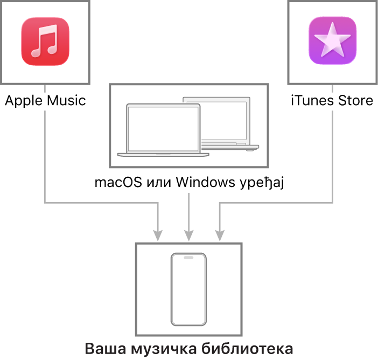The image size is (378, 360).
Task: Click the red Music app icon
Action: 45,41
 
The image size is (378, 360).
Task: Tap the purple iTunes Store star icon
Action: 332,41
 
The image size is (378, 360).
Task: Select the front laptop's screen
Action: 163,128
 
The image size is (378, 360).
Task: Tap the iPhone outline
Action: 188,289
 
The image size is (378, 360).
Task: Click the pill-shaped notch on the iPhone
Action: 188,258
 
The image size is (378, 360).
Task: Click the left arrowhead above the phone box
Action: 158,235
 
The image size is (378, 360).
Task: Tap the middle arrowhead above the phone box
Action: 188,235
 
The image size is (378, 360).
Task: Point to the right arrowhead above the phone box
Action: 219,235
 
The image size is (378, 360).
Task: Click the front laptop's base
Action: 163,154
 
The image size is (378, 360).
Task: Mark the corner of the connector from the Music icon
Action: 45,203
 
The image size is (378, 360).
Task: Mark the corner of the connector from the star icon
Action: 332,203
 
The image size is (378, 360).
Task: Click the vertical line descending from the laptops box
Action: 188,210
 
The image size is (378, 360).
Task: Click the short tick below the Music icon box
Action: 45,88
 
